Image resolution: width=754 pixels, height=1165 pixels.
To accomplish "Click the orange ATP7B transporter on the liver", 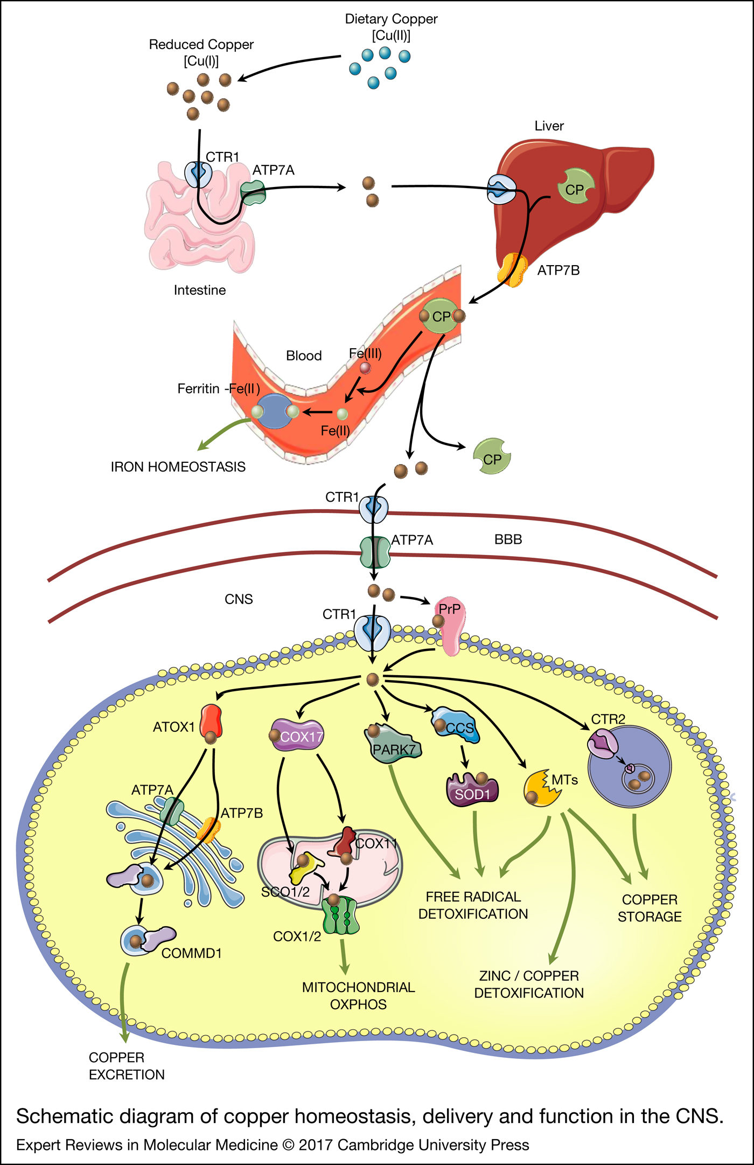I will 512,270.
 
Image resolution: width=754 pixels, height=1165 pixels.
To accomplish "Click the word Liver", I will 549,126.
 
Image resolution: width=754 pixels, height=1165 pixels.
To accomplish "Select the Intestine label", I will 199,290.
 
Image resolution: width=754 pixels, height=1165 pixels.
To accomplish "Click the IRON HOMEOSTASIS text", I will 178,467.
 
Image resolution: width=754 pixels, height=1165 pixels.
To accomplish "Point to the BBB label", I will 508,539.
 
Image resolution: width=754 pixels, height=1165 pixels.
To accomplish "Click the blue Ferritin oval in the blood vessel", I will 275,411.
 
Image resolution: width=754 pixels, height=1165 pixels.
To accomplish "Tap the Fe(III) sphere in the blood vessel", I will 365,368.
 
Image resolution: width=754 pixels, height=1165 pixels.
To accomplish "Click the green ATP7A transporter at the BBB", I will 375,552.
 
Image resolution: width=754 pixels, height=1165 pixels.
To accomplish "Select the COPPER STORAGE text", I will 650,908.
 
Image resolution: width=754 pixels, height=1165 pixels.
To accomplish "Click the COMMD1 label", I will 192,953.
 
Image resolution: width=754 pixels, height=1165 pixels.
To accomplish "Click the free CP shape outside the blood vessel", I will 491,456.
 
